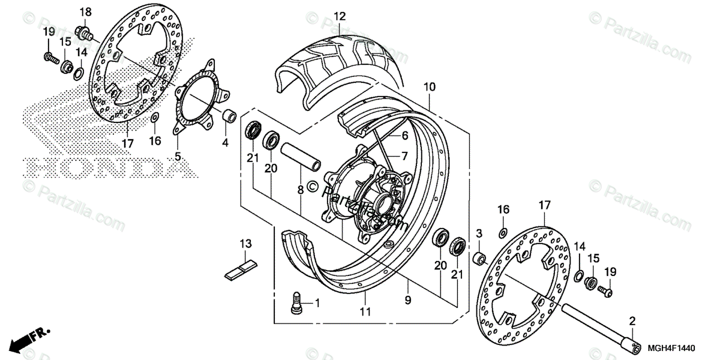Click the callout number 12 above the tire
(340, 16)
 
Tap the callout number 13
(245, 244)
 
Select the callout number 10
(428, 87)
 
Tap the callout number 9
(407, 298)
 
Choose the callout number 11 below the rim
(365, 311)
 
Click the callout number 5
(178, 157)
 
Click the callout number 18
(85, 12)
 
